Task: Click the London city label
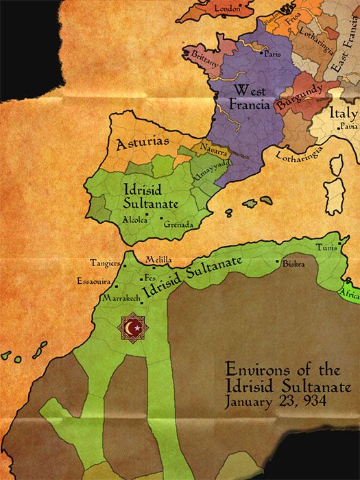click(x=228, y=8)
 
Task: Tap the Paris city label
click(x=274, y=53)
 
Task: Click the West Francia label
click(x=250, y=97)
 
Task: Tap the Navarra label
click(x=214, y=147)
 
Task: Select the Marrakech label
click(x=121, y=298)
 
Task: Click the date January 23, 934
click(x=269, y=400)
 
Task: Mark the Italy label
click(x=343, y=113)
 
